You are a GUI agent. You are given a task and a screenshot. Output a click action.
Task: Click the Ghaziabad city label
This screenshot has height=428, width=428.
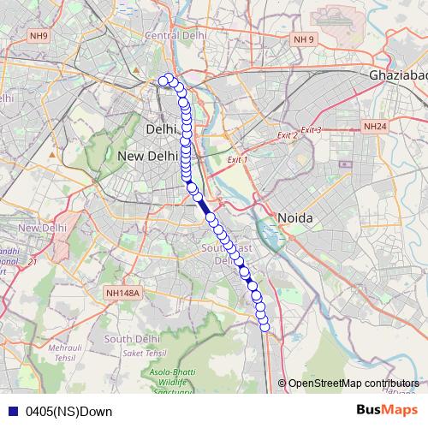click(x=398, y=75)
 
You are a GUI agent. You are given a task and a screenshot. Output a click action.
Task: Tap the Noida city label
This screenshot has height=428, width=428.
click(x=294, y=218)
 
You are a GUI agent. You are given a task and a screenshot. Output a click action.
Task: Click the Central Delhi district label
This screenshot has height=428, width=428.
click(x=177, y=35)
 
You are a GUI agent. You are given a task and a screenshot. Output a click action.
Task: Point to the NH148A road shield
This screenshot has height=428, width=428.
click(x=123, y=294)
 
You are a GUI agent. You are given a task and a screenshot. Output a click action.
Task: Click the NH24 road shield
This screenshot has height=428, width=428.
click(x=375, y=126)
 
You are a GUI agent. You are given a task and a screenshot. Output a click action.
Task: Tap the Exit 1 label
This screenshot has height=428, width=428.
click(x=237, y=159)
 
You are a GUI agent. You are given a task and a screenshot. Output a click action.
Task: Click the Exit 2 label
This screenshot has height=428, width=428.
click(x=287, y=135)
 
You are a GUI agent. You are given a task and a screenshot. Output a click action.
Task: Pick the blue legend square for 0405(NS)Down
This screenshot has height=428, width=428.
click(x=12, y=411)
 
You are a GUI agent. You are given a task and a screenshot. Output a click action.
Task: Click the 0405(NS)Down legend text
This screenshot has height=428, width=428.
click(x=68, y=411)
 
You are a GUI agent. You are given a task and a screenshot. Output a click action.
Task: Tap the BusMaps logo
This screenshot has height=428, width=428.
click(x=387, y=410)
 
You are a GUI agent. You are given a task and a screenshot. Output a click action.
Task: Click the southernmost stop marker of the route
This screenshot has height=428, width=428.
click(x=265, y=326)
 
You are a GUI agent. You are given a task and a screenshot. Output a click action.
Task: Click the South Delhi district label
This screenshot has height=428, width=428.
click(x=128, y=339)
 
